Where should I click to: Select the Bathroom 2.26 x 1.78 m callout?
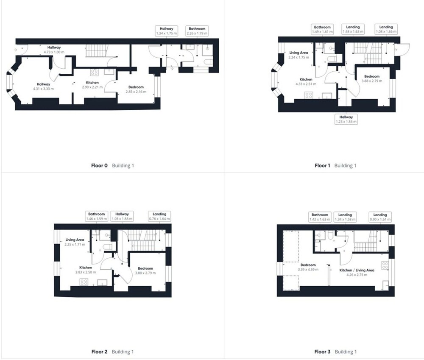(x=197, y=31)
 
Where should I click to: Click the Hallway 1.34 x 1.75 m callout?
(x=166, y=31)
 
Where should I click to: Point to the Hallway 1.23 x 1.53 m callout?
(x=346, y=119)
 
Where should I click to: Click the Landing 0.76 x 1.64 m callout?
(x=159, y=216)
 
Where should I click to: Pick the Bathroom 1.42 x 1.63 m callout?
(x=320, y=217)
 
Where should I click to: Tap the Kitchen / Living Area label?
(x=357, y=270)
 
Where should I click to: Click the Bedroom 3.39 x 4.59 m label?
(x=308, y=267)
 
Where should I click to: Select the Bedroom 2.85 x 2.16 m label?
(x=136, y=89)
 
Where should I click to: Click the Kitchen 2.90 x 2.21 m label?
(x=92, y=85)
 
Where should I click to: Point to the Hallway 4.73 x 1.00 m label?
(x=54, y=50)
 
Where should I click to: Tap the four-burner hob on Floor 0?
(x=95, y=72)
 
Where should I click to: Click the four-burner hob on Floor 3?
(x=385, y=265)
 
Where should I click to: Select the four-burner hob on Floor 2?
(x=84, y=282)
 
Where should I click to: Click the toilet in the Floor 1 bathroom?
(x=332, y=59)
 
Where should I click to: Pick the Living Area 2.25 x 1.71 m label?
(x=75, y=242)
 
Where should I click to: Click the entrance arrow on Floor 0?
(x=15, y=50)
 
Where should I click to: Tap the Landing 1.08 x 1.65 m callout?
(x=386, y=29)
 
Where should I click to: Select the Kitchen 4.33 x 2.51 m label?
(x=306, y=81)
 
